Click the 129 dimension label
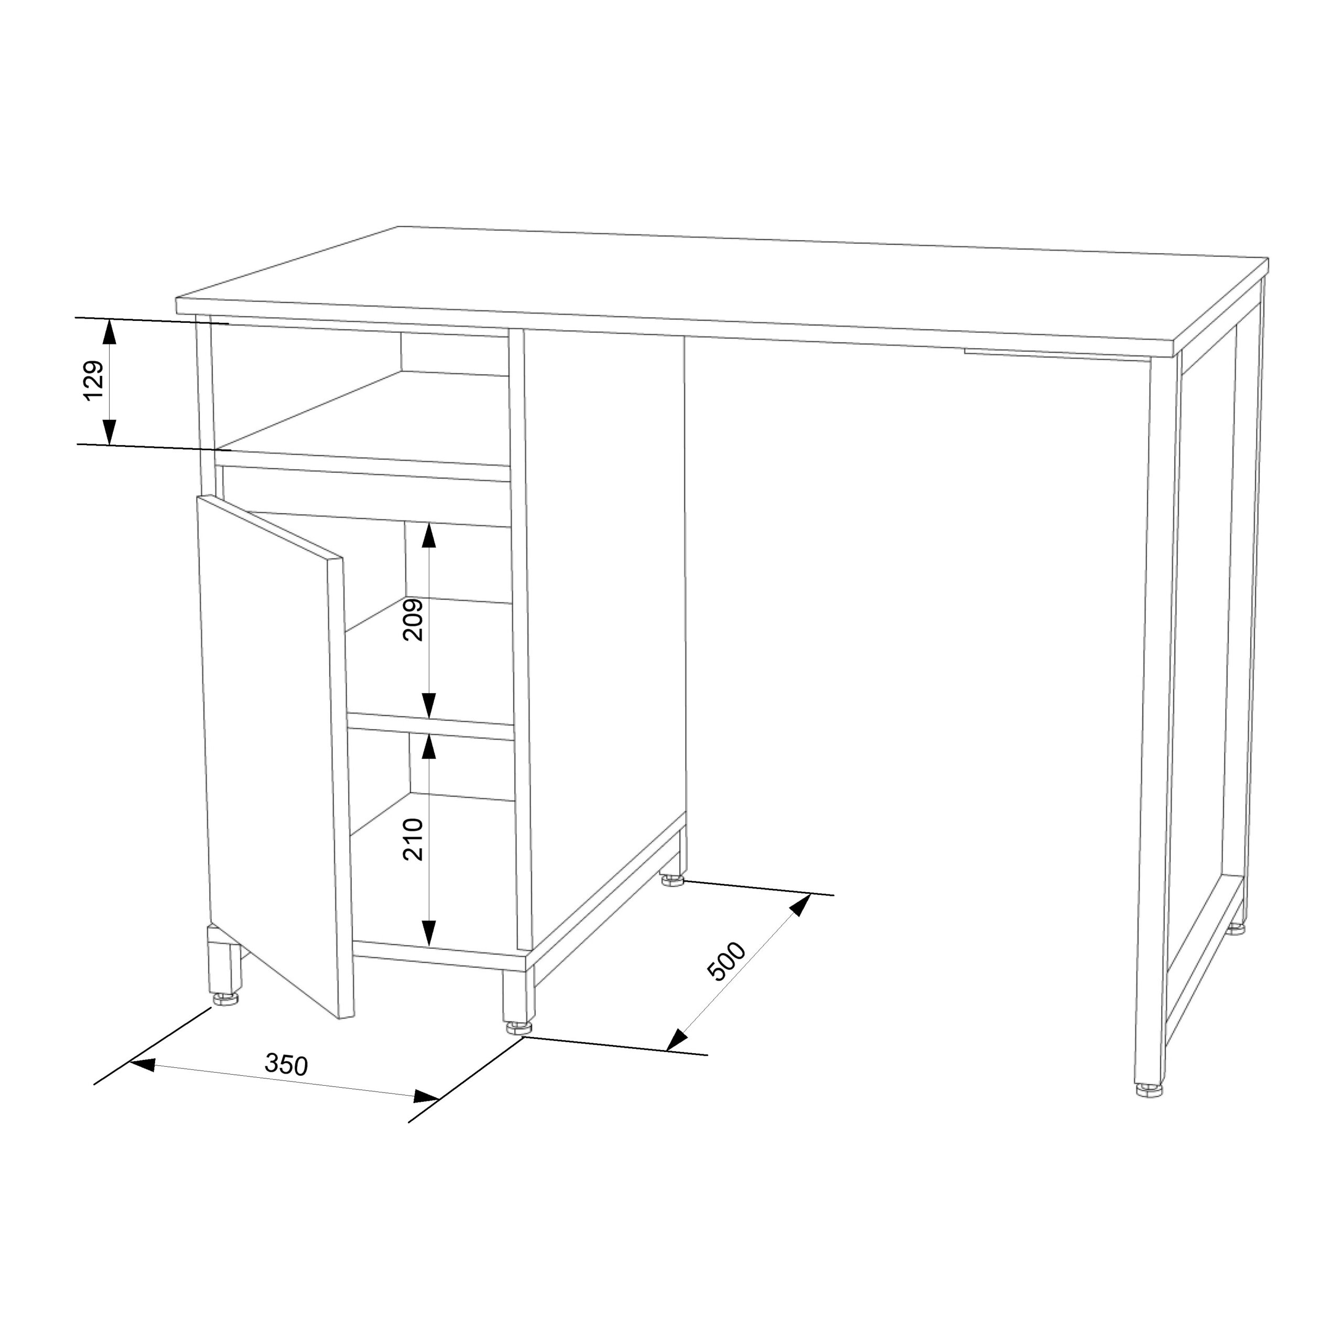(94, 380)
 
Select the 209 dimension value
(413, 619)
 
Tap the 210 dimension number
(413, 839)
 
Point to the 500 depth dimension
(726, 961)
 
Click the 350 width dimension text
(286, 1064)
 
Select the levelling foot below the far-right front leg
(1150, 1090)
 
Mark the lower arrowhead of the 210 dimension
(430, 932)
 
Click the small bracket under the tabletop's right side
(1056, 354)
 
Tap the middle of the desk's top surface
(722, 285)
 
